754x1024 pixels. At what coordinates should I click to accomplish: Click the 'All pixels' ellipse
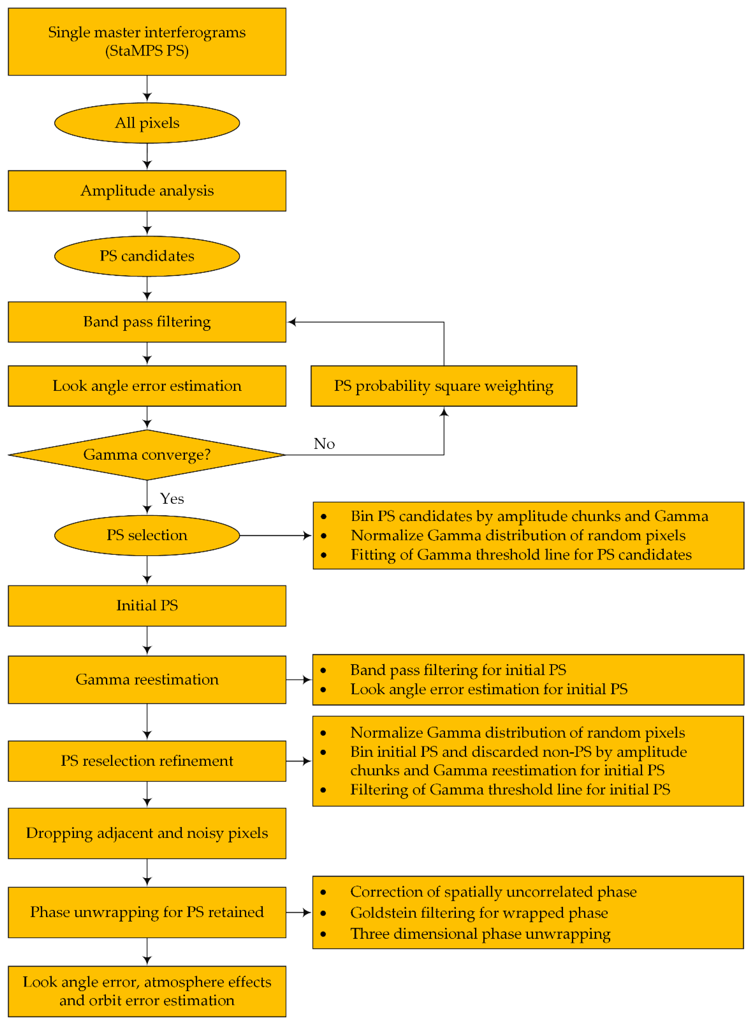147,123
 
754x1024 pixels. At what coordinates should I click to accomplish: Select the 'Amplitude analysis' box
147,191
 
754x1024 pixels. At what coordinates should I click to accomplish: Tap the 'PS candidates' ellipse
147,256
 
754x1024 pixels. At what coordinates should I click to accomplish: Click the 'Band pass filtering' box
147,322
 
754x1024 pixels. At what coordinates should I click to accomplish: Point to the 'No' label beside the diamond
324,444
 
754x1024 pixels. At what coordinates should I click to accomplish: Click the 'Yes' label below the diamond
172,498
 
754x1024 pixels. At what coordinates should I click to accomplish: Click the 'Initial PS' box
147,606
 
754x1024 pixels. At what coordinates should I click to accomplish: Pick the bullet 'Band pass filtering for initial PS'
458,670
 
